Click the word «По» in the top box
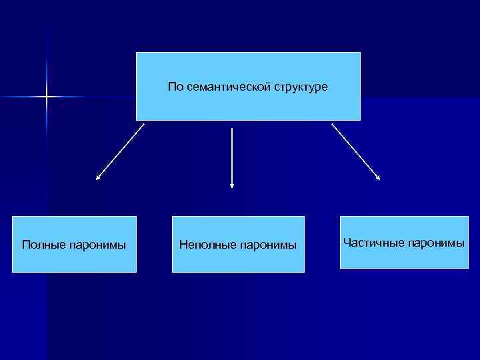(x=175, y=87)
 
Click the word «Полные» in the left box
(x=43, y=245)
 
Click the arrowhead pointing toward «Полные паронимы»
(x=98, y=178)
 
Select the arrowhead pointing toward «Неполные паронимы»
(x=232, y=185)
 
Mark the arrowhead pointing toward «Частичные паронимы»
(x=378, y=178)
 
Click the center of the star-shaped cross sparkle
(x=47, y=97)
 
